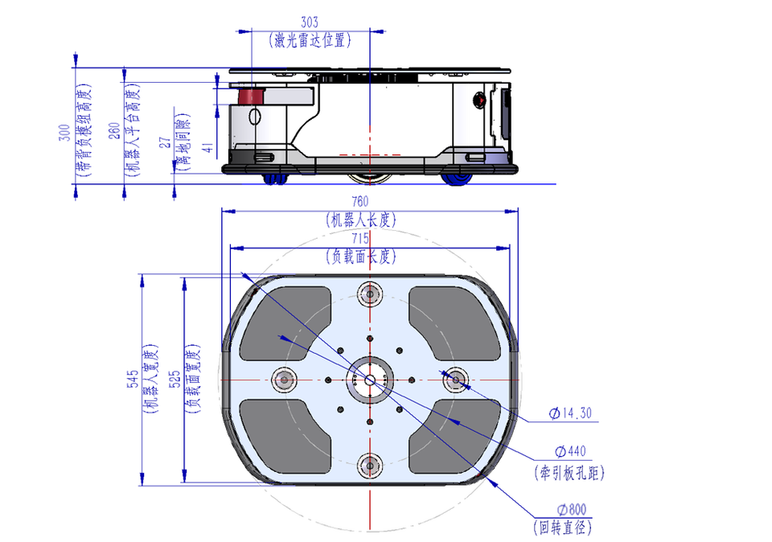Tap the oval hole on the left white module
coord(256,117)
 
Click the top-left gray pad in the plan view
coord(285,322)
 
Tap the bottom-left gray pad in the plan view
coord(285,434)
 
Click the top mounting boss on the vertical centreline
coord(370,294)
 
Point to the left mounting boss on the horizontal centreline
coord(285,379)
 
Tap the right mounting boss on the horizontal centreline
coord(455,379)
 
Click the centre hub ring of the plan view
coord(370,379)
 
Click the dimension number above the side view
coord(310,19)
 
